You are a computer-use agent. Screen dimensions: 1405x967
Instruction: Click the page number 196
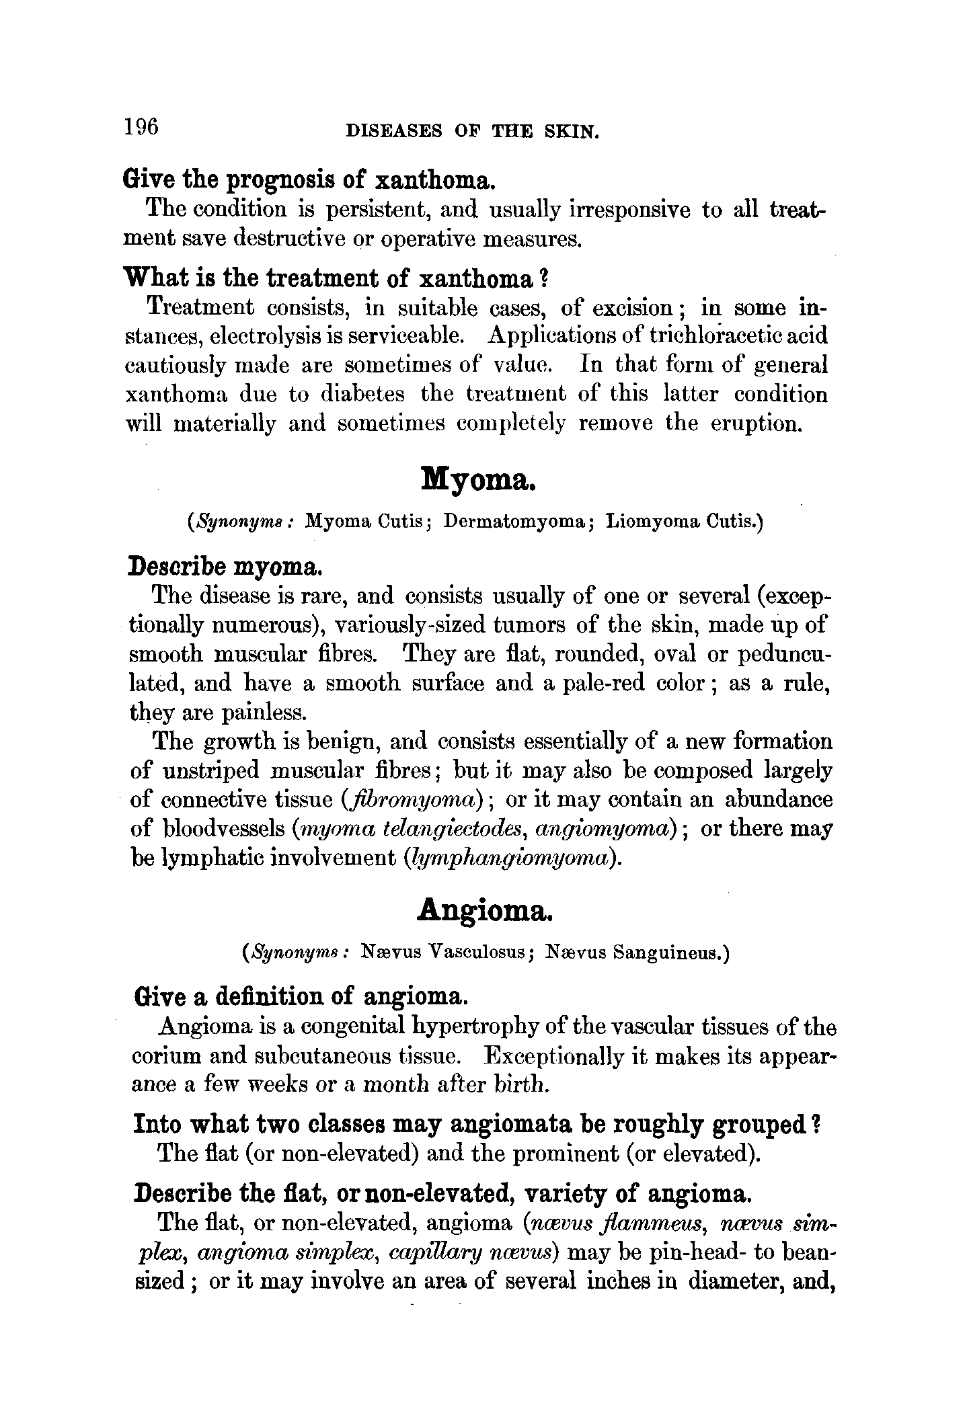(141, 126)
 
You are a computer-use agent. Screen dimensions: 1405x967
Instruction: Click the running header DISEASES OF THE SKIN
(471, 131)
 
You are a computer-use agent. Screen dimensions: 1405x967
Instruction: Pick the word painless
(252, 711)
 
